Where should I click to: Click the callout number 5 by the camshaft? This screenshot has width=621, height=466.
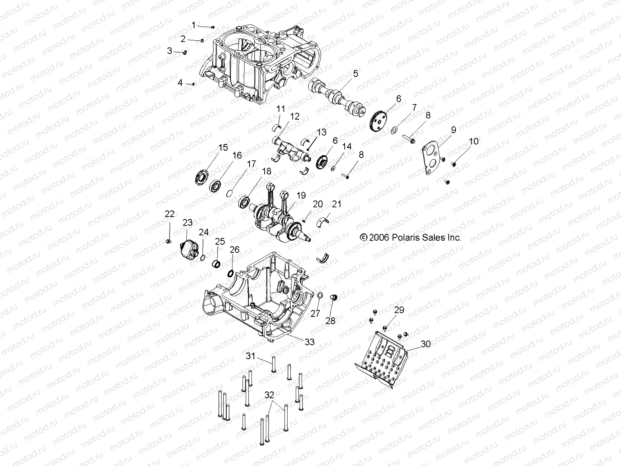pyautogui.click(x=356, y=73)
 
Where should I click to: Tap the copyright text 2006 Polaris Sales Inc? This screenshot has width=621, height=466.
pyautogui.click(x=411, y=237)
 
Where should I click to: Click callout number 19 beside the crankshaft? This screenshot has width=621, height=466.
pyautogui.click(x=301, y=195)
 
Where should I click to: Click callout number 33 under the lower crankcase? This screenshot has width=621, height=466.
pyautogui.click(x=309, y=342)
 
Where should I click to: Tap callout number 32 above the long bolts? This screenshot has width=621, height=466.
pyautogui.click(x=269, y=395)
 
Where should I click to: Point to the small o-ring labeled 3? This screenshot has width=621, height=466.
pyautogui.click(x=185, y=52)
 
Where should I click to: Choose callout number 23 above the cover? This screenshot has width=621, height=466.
pyautogui.click(x=187, y=223)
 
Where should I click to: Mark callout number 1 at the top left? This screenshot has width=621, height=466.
pyautogui.click(x=193, y=25)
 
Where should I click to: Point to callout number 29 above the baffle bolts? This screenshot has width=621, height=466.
pyautogui.click(x=399, y=310)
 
